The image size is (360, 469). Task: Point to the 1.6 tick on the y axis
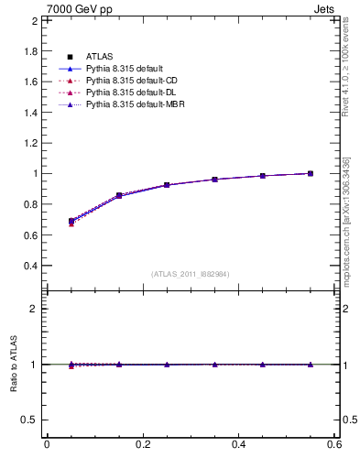30,82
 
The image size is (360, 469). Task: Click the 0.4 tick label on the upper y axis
30,266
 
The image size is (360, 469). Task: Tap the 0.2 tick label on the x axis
143,444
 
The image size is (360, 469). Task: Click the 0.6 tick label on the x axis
334,444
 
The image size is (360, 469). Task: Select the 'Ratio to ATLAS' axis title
14,365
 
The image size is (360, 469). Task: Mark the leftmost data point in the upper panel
71,221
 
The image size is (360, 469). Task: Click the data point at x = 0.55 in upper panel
311,173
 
